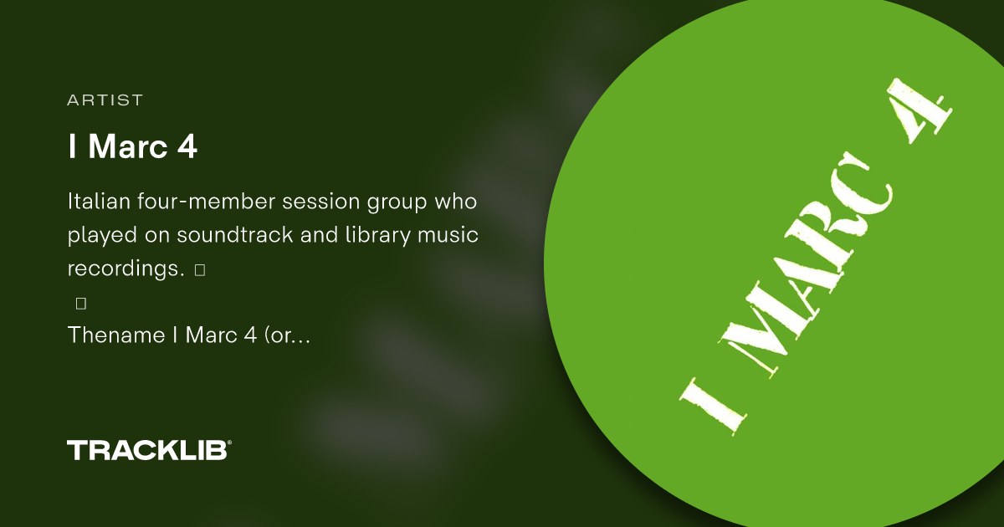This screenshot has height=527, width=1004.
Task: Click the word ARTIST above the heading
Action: (x=105, y=100)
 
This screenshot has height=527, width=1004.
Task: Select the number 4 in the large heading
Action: (x=187, y=146)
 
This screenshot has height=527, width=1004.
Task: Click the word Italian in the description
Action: (x=96, y=202)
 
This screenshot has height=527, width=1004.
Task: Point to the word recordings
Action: (x=125, y=269)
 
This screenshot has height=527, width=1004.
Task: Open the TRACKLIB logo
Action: (x=146, y=450)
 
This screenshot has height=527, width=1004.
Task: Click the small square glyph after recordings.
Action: (x=199, y=269)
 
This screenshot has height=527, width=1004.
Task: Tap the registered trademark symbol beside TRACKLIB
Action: (x=229, y=443)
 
